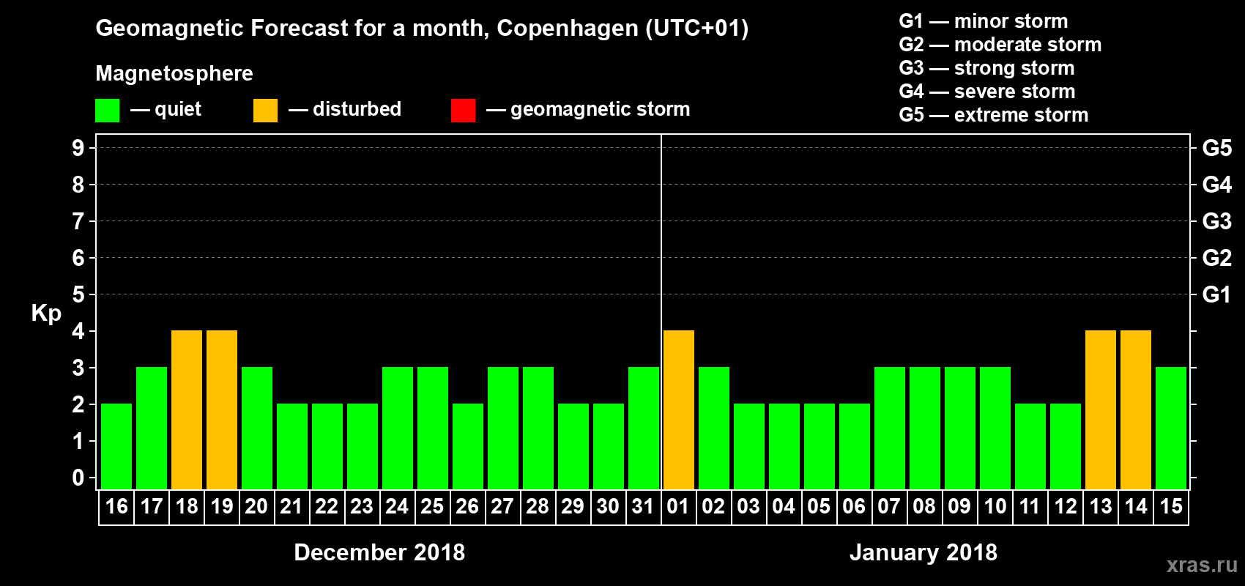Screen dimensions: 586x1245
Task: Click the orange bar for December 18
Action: (x=187, y=409)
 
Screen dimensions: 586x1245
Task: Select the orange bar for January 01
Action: (x=679, y=409)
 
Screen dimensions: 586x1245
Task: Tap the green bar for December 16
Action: (x=116, y=446)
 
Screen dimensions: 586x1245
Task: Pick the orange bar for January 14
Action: (x=1136, y=409)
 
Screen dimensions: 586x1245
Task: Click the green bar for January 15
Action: (x=1171, y=428)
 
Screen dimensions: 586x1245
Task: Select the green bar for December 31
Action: (x=644, y=428)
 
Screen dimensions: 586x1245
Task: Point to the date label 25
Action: (x=432, y=506)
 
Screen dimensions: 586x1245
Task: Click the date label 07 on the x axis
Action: (x=888, y=506)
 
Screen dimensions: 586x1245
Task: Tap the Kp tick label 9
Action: (x=78, y=148)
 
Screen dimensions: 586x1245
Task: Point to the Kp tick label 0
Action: (x=78, y=478)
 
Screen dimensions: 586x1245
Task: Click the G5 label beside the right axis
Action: (x=1216, y=148)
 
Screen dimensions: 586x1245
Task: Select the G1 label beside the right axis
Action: (x=1216, y=294)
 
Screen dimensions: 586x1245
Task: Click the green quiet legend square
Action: (x=108, y=111)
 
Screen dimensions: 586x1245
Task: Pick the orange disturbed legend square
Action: (x=265, y=111)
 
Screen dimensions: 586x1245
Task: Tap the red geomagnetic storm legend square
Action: (x=463, y=111)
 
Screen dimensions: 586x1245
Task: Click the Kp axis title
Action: (x=46, y=313)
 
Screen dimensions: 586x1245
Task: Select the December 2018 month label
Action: (x=379, y=552)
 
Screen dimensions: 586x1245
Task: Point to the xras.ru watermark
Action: (x=1202, y=565)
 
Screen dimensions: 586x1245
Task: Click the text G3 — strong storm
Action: (x=986, y=68)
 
